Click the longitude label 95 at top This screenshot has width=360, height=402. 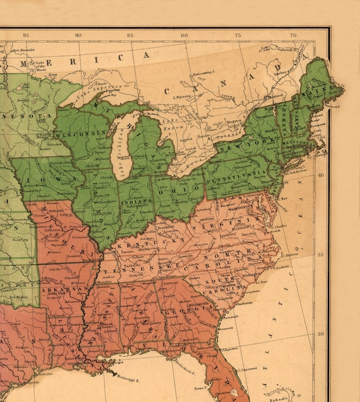(25, 35)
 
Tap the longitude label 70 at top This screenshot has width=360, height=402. (293, 35)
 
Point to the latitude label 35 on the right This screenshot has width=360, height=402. (320, 254)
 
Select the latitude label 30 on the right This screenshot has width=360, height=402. (320, 334)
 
